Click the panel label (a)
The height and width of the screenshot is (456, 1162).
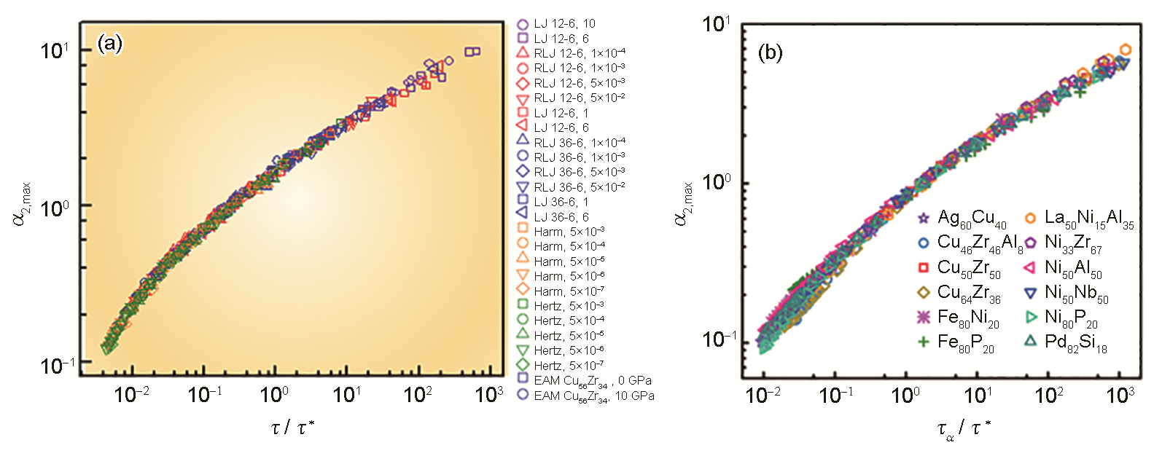109,45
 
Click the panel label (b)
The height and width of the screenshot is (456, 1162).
771,52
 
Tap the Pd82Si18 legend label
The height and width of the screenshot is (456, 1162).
1076,342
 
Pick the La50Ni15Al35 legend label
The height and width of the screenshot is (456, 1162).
1089,218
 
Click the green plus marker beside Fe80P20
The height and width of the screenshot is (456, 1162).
924,341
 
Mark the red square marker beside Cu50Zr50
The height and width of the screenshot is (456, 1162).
924,267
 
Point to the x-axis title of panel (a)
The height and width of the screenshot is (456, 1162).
292,428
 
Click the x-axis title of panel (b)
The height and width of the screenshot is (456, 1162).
964,430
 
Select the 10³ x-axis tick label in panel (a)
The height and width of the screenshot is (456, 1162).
488,394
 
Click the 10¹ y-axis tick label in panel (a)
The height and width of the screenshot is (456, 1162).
55,50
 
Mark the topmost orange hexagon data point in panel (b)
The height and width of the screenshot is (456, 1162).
1126,50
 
